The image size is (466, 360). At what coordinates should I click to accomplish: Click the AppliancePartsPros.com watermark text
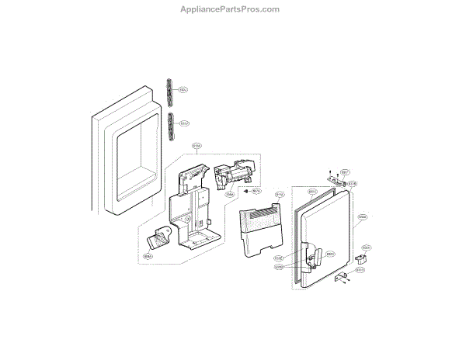point(233,10)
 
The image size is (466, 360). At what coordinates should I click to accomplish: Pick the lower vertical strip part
point(169,123)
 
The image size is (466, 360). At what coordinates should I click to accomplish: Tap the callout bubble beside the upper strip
point(183,89)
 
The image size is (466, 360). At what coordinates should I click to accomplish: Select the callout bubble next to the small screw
point(256,190)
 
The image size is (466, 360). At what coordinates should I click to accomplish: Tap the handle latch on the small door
point(313,258)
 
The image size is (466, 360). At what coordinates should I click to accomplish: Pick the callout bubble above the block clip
point(366,248)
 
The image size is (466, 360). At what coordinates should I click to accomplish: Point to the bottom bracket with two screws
point(342,279)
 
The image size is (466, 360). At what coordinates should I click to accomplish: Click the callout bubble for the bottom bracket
point(360,270)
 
